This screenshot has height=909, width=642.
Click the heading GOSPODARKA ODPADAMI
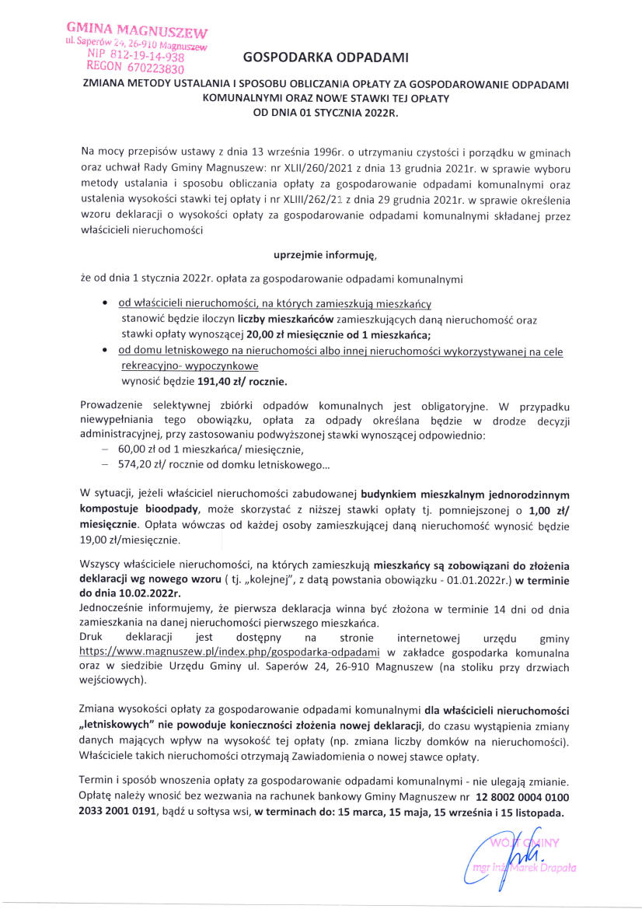pos(325,58)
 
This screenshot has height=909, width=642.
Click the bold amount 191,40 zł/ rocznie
pos(242,382)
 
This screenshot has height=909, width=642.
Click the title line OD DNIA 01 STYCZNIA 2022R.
pos(325,112)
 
